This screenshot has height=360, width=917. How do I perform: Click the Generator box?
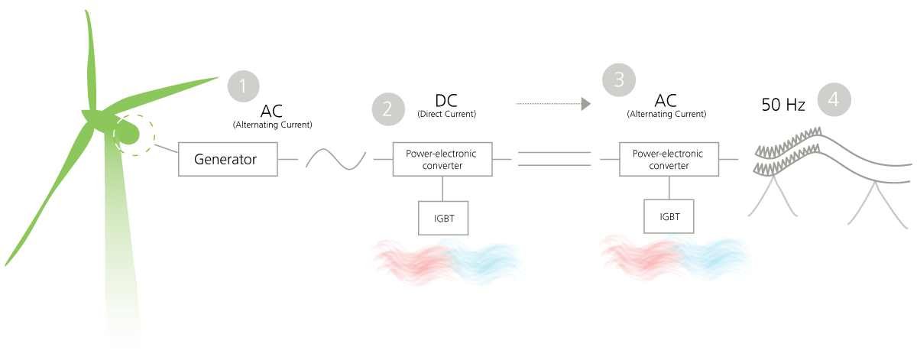[x=227, y=159]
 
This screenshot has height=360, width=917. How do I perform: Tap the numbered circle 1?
[x=244, y=86]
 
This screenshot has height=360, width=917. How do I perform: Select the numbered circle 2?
[x=387, y=109]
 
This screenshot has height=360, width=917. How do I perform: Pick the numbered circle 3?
[x=619, y=79]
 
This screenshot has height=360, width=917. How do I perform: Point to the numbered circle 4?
[x=834, y=99]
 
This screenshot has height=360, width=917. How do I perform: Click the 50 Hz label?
[x=783, y=105]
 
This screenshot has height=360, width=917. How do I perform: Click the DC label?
[x=446, y=100]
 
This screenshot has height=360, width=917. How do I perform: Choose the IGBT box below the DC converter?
[x=442, y=217]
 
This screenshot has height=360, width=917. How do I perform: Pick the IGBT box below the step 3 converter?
[x=669, y=216]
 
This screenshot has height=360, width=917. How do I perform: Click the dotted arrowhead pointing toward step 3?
[x=587, y=103]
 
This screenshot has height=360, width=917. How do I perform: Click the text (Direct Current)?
[x=446, y=114]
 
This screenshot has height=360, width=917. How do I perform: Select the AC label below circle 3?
[x=666, y=101]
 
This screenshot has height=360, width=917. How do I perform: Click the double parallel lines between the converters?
[x=554, y=158]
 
